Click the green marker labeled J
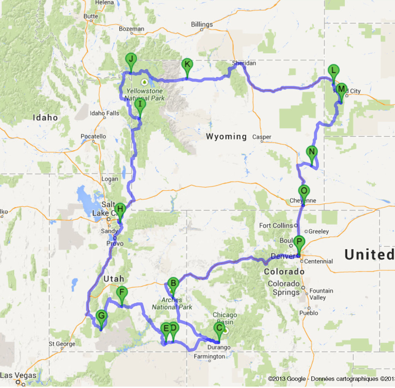[x=131, y=60]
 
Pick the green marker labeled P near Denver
[x=299, y=242]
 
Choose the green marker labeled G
[x=101, y=316]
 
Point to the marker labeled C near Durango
[x=219, y=328]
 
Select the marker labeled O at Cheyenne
[x=304, y=191]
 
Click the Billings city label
[x=202, y=25]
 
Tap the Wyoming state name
[x=226, y=136]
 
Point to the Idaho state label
[x=45, y=118]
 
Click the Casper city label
[x=262, y=137]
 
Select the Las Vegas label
[x=18, y=375]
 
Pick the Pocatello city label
[x=93, y=136]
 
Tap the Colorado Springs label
[x=284, y=288]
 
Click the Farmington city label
[x=210, y=356]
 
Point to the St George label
[x=60, y=344]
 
